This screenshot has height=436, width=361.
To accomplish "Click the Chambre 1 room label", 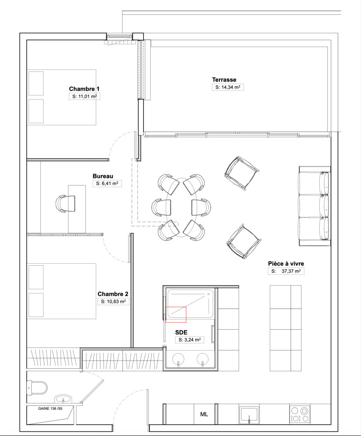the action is (84, 89).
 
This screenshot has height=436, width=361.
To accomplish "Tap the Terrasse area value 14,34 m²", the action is (228, 87).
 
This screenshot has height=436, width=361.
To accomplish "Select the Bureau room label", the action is (103, 176).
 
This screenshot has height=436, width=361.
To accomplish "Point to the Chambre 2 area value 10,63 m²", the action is (113, 302).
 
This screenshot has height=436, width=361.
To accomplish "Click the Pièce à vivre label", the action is (286, 264).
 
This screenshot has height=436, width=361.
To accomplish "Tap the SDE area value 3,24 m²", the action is (190, 340).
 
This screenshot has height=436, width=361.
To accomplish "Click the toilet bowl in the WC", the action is (37, 388).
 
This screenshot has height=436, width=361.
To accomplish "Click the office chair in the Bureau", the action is (65, 204).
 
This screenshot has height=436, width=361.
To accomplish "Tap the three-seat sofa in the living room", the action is (315, 206).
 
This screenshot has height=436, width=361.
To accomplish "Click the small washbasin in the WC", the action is (63, 399).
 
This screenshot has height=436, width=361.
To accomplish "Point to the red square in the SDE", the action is (176, 315).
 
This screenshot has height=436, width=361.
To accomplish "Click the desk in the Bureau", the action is (77, 209).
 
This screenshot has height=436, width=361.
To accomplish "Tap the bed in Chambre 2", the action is (61, 291).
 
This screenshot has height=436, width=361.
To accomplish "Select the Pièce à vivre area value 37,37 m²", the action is (286, 271).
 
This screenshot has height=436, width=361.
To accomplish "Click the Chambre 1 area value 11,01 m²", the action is (85, 97).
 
